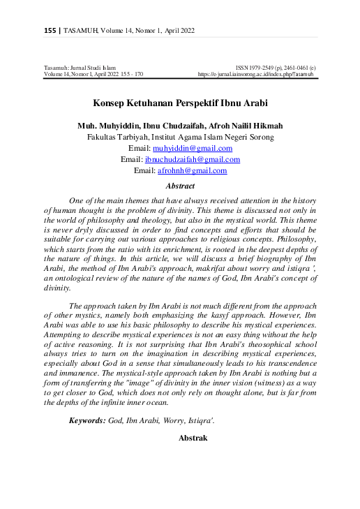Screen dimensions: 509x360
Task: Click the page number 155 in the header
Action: click(50, 31)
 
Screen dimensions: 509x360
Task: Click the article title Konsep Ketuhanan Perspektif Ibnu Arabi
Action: click(180, 103)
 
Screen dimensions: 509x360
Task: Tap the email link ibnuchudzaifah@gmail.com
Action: click(193, 160)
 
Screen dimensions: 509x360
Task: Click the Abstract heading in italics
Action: click(180, 186)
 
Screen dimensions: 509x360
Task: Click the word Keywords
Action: click(87, 420)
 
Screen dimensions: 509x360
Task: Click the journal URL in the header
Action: click(256, 73)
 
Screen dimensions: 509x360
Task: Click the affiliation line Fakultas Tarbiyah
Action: click(180, 138)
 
